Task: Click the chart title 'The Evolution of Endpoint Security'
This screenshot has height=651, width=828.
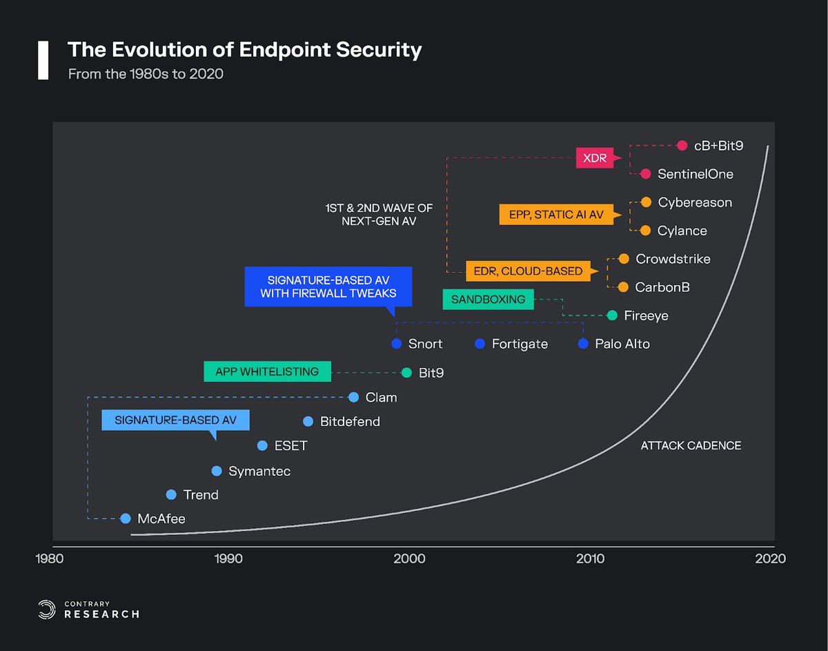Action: [244, 50]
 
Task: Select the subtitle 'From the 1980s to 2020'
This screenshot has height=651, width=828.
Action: [146, 74]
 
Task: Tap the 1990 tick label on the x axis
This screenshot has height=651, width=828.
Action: [228, 558]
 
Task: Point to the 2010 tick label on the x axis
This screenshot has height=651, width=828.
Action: [591, 558]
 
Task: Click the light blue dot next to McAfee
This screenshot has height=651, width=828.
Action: [126, 518]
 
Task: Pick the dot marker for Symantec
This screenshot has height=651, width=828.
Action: [217, 471]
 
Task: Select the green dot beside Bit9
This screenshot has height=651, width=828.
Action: [406, 373]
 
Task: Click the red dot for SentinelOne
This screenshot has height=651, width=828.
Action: [646, 174]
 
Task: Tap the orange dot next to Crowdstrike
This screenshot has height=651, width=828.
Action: [624, 259]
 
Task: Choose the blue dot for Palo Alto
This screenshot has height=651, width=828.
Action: [584, 344]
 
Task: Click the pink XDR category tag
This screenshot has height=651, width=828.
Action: [594, 158]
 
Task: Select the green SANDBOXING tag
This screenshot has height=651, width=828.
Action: [488, 300]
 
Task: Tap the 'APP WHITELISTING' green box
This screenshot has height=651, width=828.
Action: [267, 371]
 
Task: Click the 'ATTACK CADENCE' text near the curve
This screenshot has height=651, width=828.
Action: [691, 446]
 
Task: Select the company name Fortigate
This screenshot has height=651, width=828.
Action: [520, 344]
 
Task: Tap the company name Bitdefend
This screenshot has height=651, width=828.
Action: [350, 422]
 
